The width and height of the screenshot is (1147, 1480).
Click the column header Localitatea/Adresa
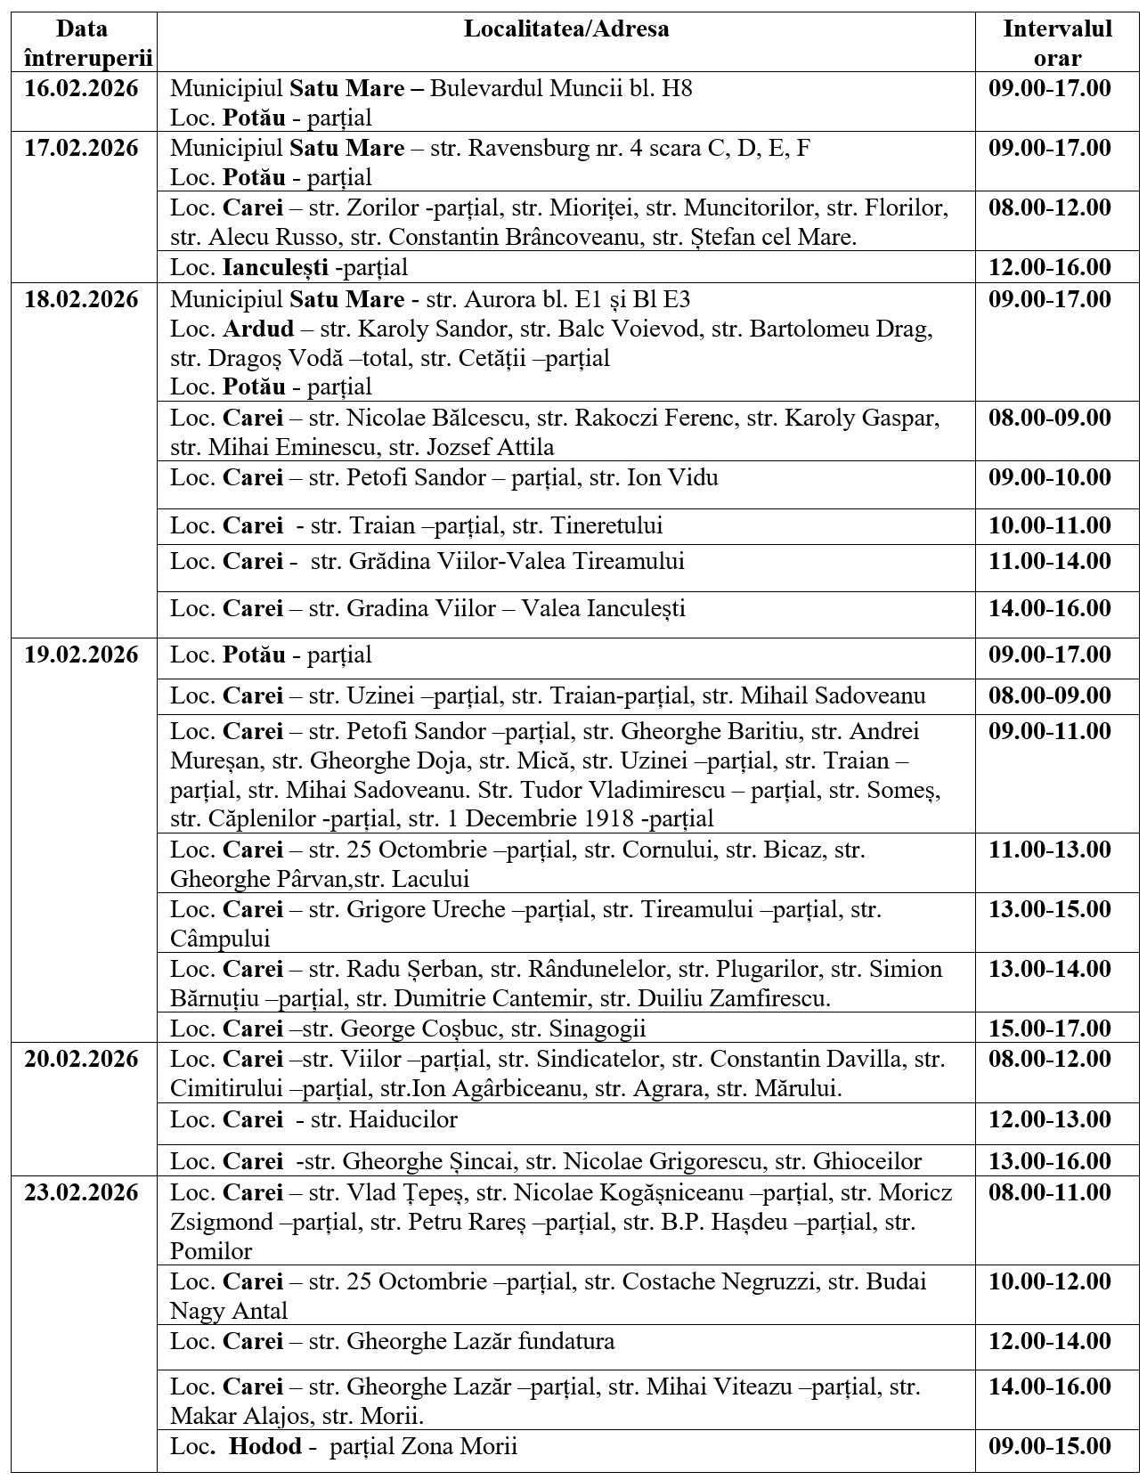(566, 29)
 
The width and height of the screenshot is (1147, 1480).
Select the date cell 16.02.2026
(81, 89)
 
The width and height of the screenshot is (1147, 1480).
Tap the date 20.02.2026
(81, 1060)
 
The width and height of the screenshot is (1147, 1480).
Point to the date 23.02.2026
(81, 1192)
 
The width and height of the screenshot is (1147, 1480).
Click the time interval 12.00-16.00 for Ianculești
(1050, 267)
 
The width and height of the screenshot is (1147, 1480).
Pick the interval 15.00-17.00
(1050, 1029)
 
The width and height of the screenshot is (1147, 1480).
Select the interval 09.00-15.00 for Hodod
(1050, 1446)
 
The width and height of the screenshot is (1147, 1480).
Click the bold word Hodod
(265, 1446)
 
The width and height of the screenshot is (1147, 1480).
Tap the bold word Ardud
(258, 329)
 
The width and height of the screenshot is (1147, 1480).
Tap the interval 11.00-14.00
(1050, 562)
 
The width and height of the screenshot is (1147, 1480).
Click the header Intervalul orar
(1057, 44)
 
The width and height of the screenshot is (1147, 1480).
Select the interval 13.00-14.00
(1050, 969)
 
